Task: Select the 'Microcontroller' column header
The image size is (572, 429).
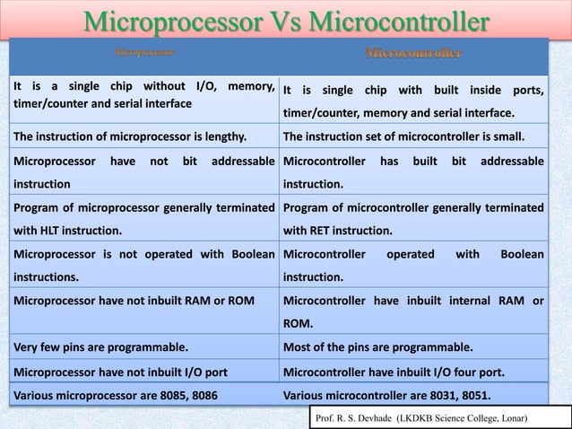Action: [414, 54]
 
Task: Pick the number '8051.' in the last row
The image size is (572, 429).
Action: [481, 392]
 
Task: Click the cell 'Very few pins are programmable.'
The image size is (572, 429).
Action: [100, 345]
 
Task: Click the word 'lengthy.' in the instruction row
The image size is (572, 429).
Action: [222, 137]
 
